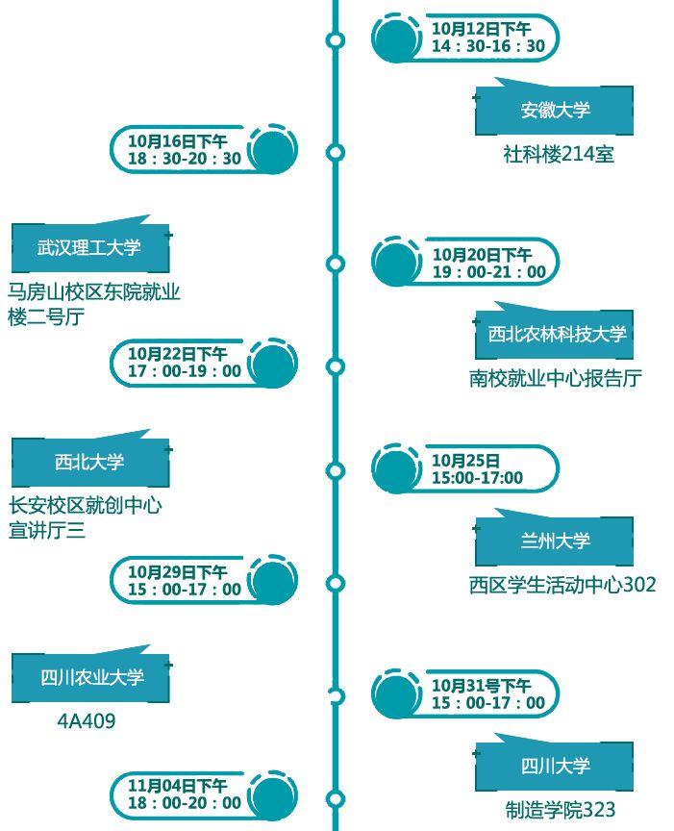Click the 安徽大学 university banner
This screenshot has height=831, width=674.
click(555, 111)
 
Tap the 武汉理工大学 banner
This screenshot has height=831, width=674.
click(89, 248)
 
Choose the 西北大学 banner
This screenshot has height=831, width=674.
click(89, 463)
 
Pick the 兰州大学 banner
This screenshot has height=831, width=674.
click(555, 541)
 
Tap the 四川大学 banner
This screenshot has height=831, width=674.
click(555, 767)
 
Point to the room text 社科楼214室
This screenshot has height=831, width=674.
click(558, 154)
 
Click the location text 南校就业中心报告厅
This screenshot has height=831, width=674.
click(555, 378)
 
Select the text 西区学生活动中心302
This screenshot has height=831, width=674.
click(562, 584)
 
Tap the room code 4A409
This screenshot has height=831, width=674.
click(87, 720)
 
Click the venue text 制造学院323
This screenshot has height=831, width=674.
click(560, 810)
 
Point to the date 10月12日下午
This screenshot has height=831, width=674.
click(480, 29)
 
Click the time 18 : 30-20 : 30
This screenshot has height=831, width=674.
click(184, 159)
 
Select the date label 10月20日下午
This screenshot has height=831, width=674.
click(481, 255)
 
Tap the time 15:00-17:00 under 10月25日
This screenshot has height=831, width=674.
click(477, 478)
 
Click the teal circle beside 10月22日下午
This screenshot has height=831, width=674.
click(273, 365)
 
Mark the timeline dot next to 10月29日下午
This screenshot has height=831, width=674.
click(336, 583)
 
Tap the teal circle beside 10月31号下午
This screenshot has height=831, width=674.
click(396, 694)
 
